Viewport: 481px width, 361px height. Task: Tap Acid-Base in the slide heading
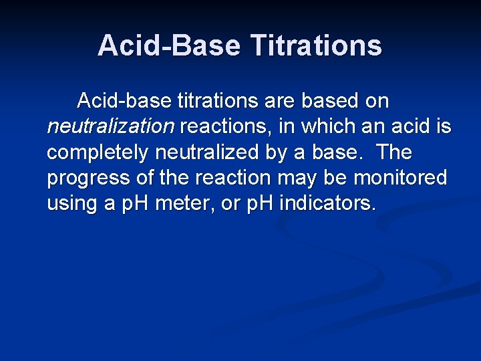coord(169,45)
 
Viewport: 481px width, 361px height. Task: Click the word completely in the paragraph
coord(98,152)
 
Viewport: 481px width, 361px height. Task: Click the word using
coord(72,203)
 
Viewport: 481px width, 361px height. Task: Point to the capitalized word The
coord(394,152)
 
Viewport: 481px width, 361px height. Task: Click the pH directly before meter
coord(136,203)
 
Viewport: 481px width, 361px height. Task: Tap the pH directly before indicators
coord(255,203)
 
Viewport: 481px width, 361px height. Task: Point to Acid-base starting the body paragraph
coord(124,101)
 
